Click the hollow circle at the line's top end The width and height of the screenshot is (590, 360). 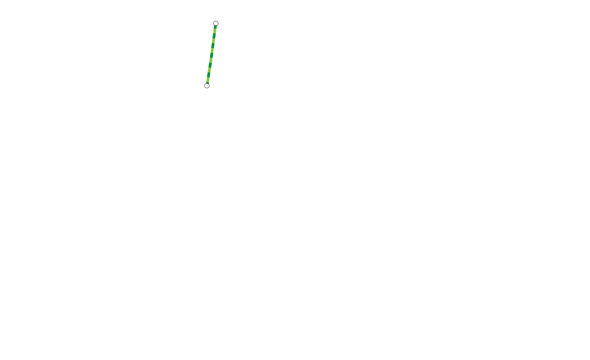[216, 23]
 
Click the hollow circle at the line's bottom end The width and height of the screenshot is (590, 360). [207, 86]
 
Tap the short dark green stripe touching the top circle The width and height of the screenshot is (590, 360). [215, 27]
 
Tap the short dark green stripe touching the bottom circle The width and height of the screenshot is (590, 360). [207, 82]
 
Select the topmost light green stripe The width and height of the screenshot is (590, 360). [215, 31]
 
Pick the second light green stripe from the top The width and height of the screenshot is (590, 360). [213, 41]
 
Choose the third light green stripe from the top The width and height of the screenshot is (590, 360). [212, 50]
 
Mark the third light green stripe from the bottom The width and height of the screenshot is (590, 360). [211, 60]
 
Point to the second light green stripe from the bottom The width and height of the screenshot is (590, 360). [209, 70]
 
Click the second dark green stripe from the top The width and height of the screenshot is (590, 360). [214, 36]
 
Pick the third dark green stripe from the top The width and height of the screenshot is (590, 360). [213, 46]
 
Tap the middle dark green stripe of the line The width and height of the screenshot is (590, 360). [211, 55]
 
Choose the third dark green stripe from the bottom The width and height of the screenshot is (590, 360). [210, 65]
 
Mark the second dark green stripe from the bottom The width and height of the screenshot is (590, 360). [208, 75]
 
